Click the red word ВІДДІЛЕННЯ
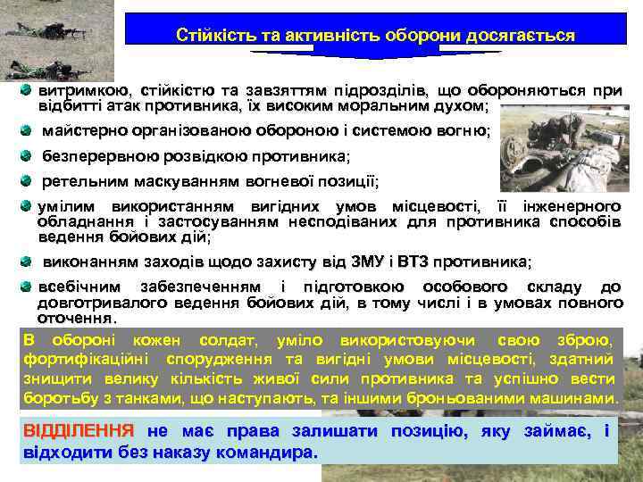click(x=78, y=432)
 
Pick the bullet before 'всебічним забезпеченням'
click(x=28, y=287)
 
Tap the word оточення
click(x=75, y=318)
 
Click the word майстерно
click(x=85, y=131)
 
